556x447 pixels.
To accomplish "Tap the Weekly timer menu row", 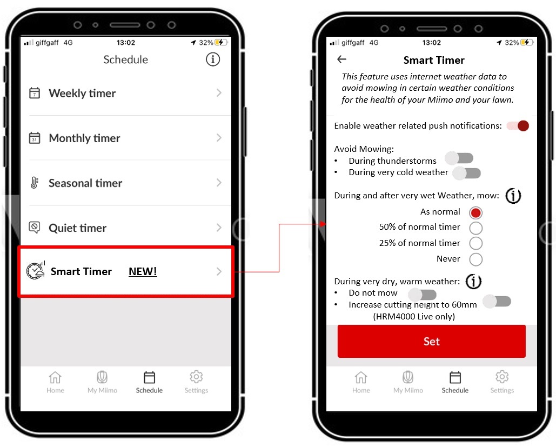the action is point(126,94).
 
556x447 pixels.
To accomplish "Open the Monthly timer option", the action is point(126,138).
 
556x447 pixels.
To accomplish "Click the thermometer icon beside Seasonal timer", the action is point(35,183).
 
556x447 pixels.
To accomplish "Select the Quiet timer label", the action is point(77,228).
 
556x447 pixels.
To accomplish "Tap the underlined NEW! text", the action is point(143,271).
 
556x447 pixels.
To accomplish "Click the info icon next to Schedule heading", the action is point(213,59).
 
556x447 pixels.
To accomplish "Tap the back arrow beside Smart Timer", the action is point(341,59).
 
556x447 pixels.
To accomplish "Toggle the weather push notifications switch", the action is point(518,125).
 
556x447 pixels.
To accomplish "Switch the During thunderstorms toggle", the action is point(459,158).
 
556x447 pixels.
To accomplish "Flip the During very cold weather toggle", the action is point(467,173).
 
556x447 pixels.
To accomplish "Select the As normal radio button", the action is point(475,212).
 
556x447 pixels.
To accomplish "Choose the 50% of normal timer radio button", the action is point(475,228).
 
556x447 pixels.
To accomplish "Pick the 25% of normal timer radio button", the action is point(475,243).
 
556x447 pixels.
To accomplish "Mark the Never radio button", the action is point(475,259).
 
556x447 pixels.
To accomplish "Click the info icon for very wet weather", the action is point(513,196).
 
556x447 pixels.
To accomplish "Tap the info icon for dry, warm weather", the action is point(473,281).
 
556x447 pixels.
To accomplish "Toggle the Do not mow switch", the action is point(422,295).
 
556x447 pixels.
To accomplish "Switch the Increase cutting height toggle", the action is point(497,302).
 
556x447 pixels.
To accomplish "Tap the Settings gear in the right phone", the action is point(502,382).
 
